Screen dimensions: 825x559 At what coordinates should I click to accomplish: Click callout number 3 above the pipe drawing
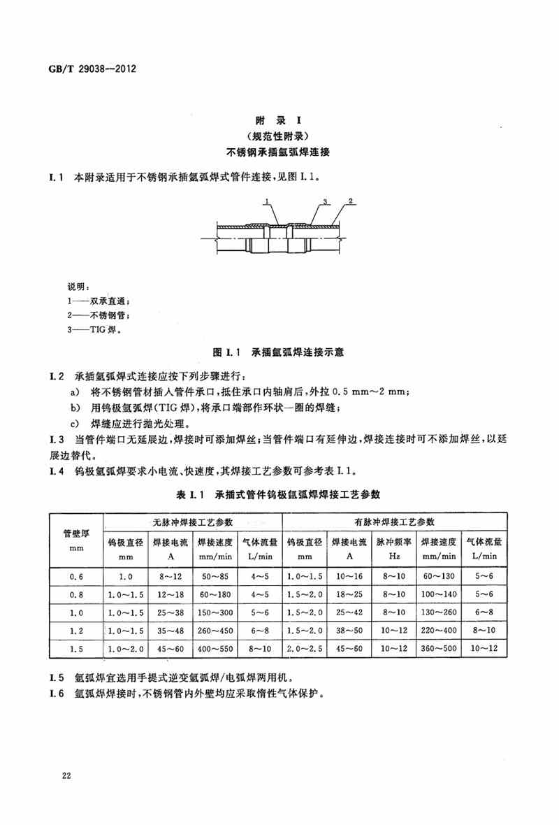pos(326,201)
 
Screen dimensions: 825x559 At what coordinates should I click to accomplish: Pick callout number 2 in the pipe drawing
pos(351,201)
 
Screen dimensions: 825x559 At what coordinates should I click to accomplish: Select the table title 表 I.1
pos(189,494)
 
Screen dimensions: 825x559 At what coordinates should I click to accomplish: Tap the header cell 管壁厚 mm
pos(76,539)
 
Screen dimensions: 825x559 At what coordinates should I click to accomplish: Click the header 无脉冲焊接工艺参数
pos(193,523)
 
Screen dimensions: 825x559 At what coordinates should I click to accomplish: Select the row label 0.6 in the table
pos(76,575)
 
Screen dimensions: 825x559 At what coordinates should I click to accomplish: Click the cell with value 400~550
pos(215,648)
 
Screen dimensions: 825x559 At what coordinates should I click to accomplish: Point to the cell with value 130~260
pos(439,612)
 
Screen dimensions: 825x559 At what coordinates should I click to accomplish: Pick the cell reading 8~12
pos(170,575)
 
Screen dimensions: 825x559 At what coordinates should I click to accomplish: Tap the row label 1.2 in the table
pos(76,630)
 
